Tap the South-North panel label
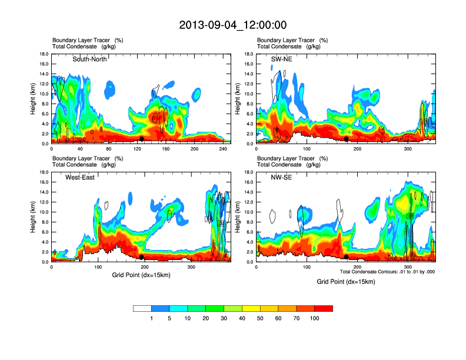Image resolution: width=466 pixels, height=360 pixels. coord(89,59)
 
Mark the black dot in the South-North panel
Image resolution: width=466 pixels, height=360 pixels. coord(141,139)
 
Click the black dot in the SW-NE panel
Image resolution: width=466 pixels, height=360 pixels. coord(347,139)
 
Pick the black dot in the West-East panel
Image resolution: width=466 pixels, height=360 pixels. coord(141,257)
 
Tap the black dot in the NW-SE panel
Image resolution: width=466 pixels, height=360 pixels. coord(347,257)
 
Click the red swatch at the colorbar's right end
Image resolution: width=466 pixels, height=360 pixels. coord(324,308)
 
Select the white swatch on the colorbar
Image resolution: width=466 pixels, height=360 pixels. coord(142,308)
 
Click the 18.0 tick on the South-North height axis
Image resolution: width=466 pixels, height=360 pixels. coord(44,54)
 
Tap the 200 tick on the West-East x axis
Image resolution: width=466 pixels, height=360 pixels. coord(145,268)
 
